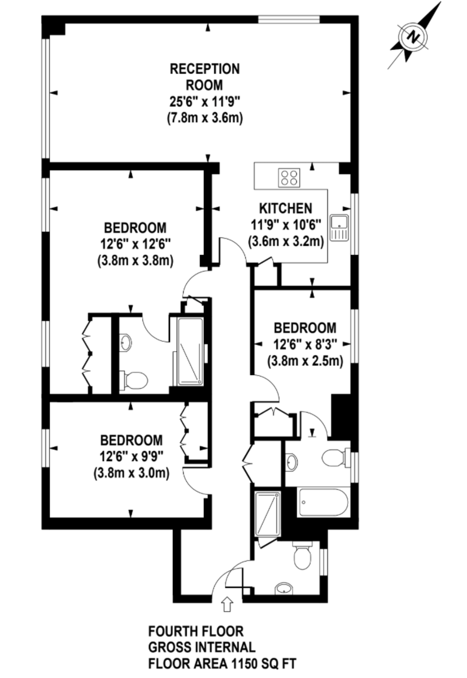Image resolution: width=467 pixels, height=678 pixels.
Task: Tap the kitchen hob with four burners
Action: [290, 177]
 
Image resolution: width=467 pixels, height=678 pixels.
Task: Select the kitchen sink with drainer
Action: [339, 227]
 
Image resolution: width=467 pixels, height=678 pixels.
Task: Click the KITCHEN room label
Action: [286, 209]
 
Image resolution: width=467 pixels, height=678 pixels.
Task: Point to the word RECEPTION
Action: [205, 69]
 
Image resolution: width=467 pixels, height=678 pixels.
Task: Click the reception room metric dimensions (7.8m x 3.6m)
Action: [205, 118]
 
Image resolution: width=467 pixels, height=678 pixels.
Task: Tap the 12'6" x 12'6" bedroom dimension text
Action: [135, 244]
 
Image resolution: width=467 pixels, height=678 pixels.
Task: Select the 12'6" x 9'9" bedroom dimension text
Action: [132, 456]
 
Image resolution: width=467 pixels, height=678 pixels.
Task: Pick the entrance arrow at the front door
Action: [228, 604]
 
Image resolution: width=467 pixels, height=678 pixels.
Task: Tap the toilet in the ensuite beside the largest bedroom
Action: [133, 380]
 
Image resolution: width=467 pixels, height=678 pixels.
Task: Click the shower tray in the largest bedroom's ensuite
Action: [190, 351]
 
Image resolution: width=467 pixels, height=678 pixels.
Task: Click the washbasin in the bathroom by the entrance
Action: [283, 589]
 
